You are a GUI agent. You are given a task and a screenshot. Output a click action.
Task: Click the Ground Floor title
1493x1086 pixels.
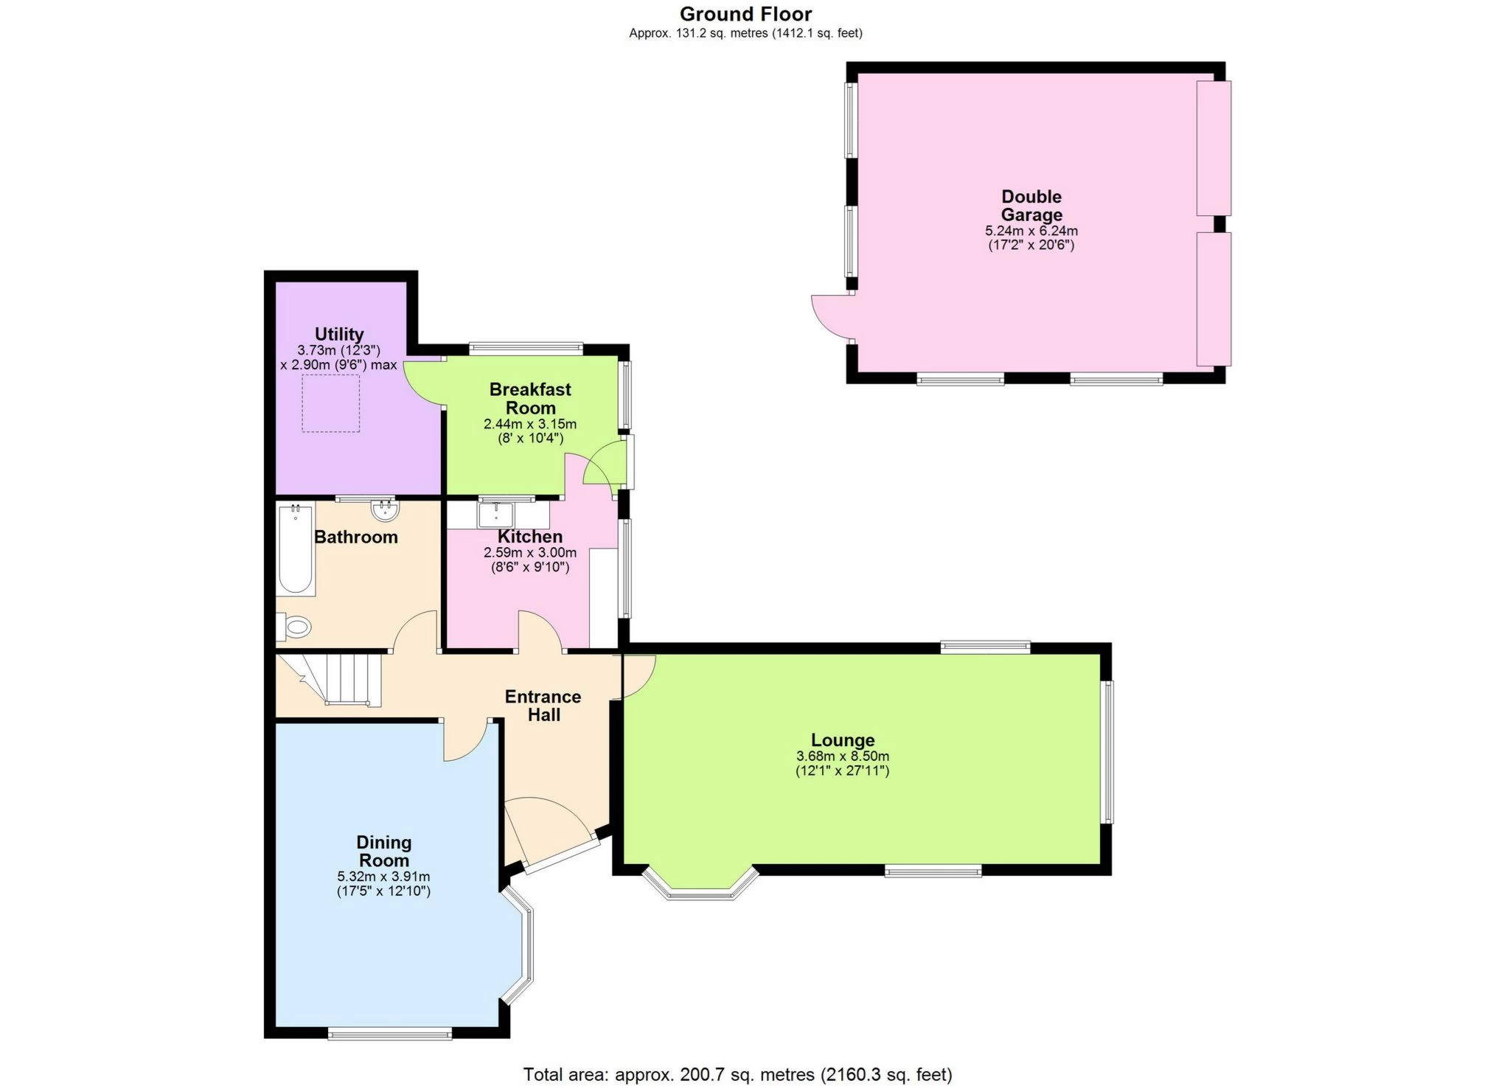coord(745,14)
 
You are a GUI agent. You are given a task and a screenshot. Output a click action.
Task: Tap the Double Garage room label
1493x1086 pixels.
coord(1031,206)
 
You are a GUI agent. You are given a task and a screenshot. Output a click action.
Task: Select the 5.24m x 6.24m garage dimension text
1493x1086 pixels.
coord(1031,231)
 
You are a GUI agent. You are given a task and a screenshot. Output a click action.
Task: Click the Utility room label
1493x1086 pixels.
coord(339,334)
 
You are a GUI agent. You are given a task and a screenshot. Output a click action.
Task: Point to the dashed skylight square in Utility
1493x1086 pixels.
coord(331,403)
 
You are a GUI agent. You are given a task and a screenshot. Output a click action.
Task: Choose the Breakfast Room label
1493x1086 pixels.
coord(530,398)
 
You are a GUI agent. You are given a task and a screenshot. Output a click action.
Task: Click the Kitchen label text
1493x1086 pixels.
coord(529,537)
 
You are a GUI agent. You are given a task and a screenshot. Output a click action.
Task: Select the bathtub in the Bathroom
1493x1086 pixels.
coord(296,549)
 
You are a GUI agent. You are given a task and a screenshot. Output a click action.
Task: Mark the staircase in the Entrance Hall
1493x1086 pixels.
coord(343,680)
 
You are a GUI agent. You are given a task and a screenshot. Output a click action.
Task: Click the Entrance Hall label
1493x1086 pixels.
coord(543,706)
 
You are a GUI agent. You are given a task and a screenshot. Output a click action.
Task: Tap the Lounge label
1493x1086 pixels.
coord(843,740)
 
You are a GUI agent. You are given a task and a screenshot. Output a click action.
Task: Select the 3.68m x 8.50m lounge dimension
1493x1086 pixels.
coord(843,756)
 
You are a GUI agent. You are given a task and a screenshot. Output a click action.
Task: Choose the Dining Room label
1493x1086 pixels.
coord(383,852)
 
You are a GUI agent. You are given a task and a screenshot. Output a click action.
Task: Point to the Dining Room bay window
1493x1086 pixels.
coord(522,947)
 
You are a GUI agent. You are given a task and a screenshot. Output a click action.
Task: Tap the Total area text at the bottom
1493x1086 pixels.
coord(737,1074)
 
